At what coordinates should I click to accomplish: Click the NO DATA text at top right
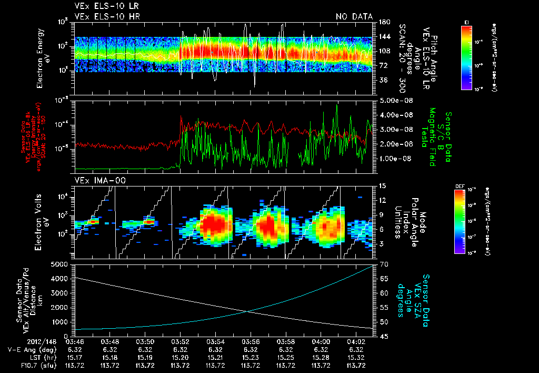354,17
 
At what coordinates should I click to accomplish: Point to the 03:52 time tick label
180,342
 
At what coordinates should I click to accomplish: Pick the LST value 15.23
251,357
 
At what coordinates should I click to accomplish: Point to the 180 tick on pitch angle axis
384,22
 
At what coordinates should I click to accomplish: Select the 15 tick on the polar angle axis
383,186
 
